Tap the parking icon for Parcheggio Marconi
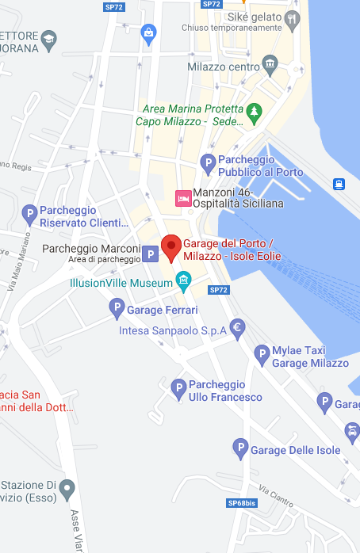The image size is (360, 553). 151,255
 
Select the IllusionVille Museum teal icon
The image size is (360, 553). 183,280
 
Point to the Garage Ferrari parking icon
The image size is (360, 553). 116,307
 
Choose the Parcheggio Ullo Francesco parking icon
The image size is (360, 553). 178,387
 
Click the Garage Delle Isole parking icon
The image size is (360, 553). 239,448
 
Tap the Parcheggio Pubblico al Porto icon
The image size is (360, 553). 208,164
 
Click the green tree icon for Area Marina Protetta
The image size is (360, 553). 254,113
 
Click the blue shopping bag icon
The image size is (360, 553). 148,32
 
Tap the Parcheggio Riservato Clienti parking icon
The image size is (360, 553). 29,213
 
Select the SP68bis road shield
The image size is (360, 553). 241,503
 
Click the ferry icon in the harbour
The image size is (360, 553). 339,184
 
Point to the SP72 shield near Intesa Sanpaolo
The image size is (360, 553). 219,290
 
